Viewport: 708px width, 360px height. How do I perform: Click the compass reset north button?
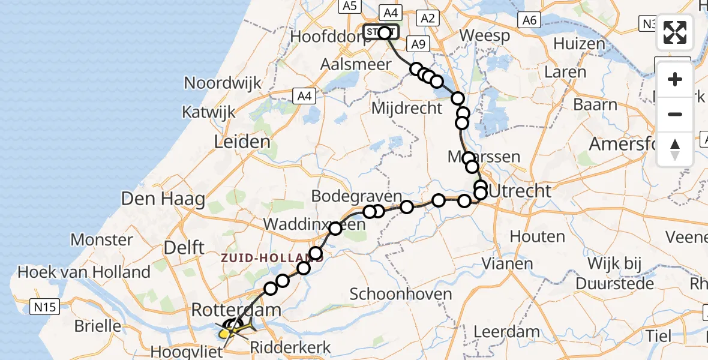675,149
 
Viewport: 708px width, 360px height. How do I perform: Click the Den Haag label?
163,199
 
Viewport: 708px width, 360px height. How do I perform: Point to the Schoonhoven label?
400,294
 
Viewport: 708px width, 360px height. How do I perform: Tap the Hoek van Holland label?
84,272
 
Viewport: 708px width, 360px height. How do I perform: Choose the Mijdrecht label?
407,109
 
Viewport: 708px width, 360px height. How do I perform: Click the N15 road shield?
45,308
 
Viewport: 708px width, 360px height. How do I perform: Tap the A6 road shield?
529,20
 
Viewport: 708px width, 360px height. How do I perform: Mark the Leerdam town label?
506,332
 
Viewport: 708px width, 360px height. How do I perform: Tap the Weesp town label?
487,35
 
